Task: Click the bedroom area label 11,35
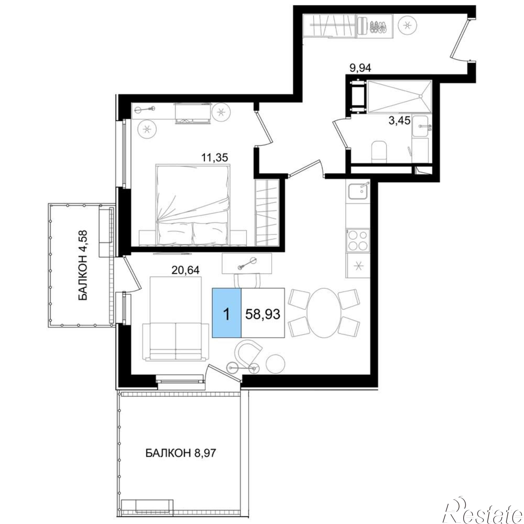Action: [214, 157]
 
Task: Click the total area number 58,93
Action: [263, 314]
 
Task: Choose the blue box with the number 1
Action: [226, 313]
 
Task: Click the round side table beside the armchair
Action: [276, 364]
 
